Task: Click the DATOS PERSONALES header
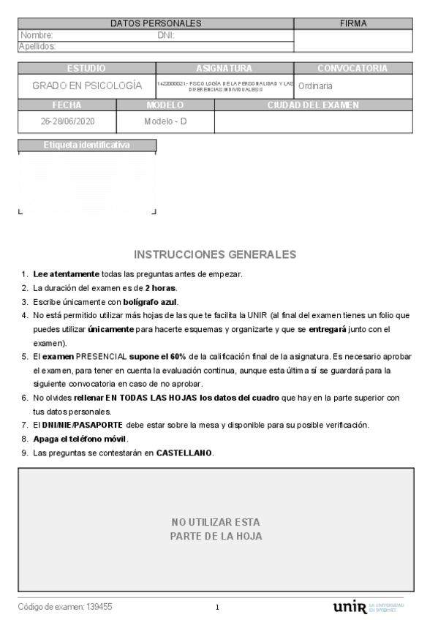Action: [156, 23]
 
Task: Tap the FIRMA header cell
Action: [353, 23]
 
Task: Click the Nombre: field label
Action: [37, 34]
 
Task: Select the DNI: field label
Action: [165, 34]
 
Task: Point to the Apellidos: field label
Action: [39, 46]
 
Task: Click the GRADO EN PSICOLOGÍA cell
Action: [87, 86]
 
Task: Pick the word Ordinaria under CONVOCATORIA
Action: [315, 86]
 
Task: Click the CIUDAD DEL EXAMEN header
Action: [313, 105]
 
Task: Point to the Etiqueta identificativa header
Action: [86, 145]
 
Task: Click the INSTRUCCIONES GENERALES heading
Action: [216, 254]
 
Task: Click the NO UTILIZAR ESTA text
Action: [216, 522]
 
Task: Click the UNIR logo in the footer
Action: [349, 608]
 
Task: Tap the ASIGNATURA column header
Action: [224, 68]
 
